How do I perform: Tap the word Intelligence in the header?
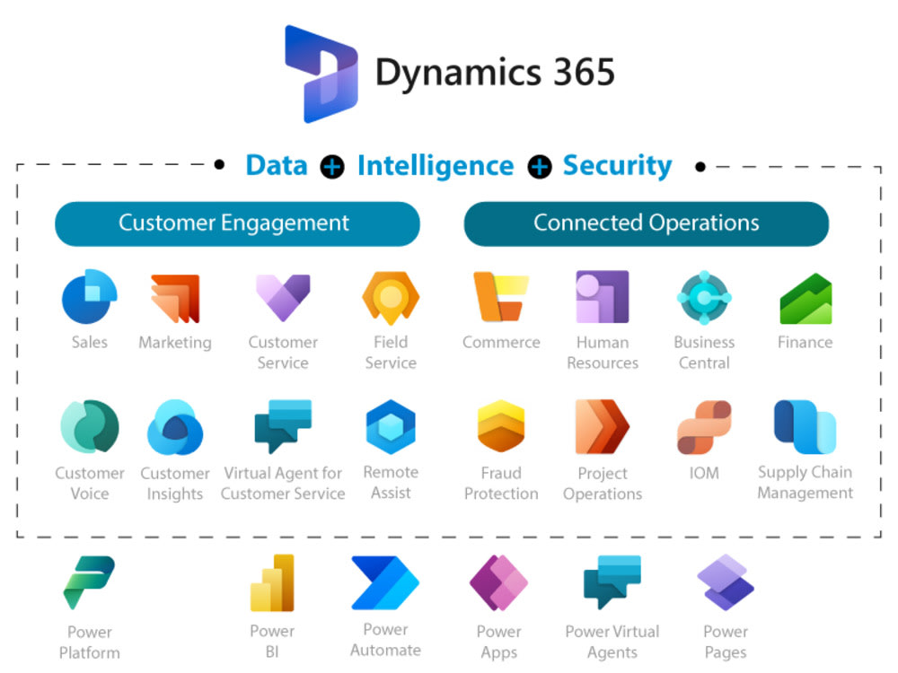[x=436, y=166]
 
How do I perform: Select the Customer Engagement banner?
[x=237, y=223]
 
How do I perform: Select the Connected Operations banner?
[x=646, y=223]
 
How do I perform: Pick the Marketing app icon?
[x=175, y=298]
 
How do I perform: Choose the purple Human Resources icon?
[x=603, y=297]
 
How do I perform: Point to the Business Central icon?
[x=704, y=297]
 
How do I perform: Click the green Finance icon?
[x=806, y=299]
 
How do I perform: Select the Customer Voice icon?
[x=90, y=427]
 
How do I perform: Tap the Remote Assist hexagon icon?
[x=391, y=427]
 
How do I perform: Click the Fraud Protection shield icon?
[x=501, y=427]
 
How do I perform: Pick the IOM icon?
[x=704, y=427]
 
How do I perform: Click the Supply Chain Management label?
[x=806, y=483]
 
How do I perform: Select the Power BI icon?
[x=272, y=583]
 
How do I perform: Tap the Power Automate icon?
[x=385, y=583]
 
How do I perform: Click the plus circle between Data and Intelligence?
[x=332, y=168]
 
